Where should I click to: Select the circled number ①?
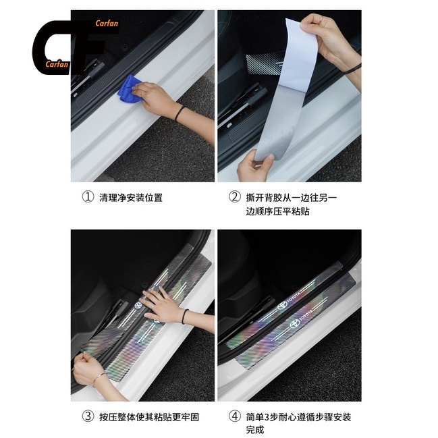(x=87, y=198)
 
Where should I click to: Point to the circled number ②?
(x=234, y=198)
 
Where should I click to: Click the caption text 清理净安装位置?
(x=131, y=198)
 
